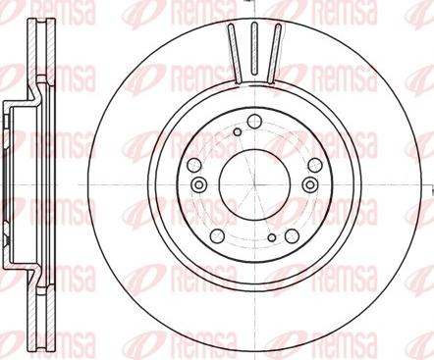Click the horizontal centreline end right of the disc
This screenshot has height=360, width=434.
coord(428,180)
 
